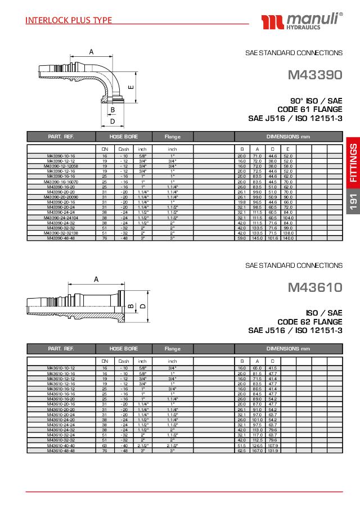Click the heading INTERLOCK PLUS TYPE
click(69, 21)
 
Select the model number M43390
click(314, 74)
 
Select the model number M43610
click(314, 288)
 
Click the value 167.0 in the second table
click(257, 451)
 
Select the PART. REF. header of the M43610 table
click(61, 349)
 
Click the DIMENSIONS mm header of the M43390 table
click(289, 137)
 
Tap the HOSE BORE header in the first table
click(124, 137)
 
